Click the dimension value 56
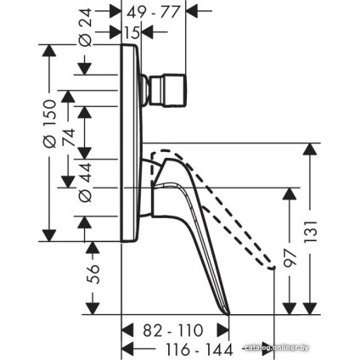(94, 273)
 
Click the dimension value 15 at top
(132, 32)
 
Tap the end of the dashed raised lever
(273, 268)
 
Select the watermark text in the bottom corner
(276, 346)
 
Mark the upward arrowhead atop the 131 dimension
(311, 149)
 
